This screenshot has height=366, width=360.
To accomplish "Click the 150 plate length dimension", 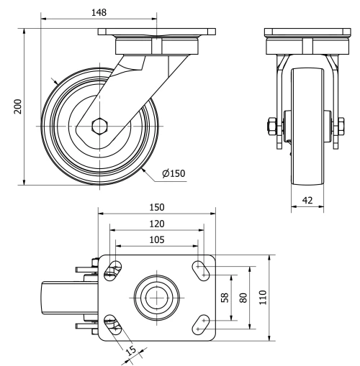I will (156, 207).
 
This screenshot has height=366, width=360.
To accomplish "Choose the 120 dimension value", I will (156, 224).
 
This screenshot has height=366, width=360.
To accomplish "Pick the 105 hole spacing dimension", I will (156, 239).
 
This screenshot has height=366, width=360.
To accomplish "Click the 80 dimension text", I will (243, 296).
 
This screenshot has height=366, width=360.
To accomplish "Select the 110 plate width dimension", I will (263, 296).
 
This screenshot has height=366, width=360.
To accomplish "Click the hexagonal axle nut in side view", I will (100, 127).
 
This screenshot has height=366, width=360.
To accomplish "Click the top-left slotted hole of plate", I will (112, 270).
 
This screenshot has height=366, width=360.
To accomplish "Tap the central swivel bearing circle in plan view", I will (156, 296).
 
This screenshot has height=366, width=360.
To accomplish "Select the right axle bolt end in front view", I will (336, 128).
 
